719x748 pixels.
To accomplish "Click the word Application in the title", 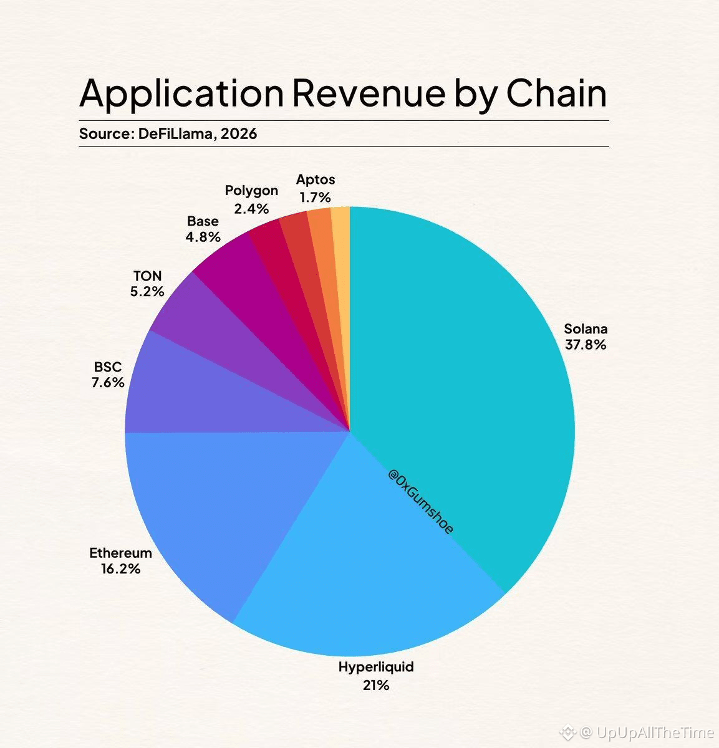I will [181, 93].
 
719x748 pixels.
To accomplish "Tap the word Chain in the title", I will [556, 93].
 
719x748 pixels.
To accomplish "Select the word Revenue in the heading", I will [369, 93].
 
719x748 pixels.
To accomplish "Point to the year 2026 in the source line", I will [239, 133].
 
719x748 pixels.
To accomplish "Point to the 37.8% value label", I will [586, 345].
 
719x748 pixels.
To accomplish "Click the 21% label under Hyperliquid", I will [376, 685].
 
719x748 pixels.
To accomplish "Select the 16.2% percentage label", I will [120, 568].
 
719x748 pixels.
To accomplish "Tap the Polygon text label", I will [251, 191].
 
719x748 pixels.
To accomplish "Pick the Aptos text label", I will [316, 180].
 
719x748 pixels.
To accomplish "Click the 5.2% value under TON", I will [147, 291].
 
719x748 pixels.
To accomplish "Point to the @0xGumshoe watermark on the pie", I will [421, 501].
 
